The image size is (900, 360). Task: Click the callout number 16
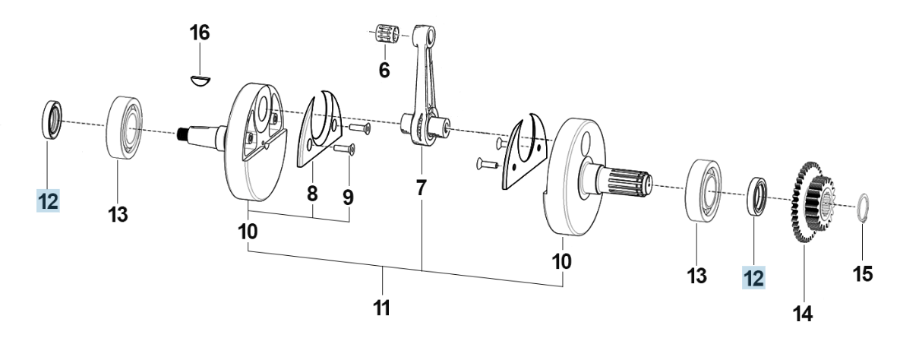tap(200, 33)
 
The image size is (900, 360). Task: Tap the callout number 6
tap(384, 71)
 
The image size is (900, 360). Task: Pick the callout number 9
tap(348, 197)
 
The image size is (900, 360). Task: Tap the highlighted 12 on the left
tap(48, 202)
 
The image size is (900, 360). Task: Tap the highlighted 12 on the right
tap(753, 278)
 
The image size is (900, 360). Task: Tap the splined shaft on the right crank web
tap(628, 182)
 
